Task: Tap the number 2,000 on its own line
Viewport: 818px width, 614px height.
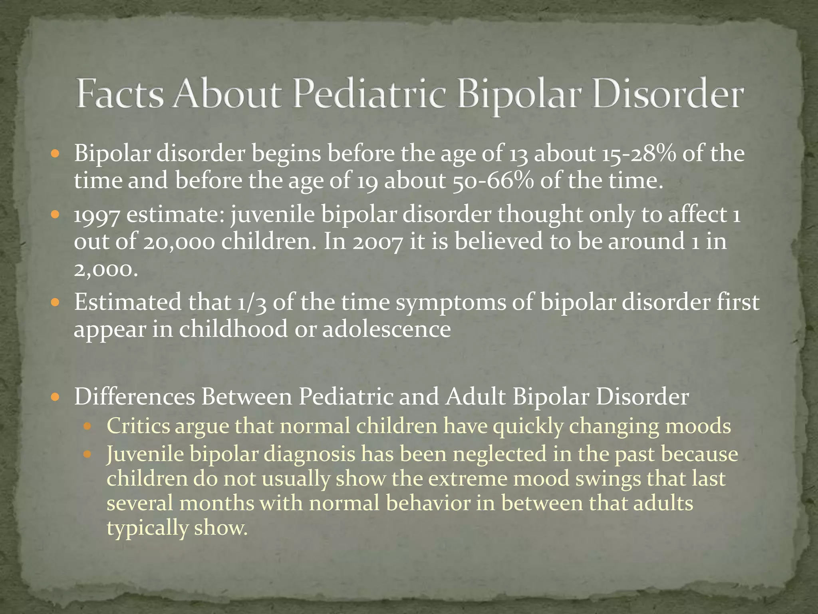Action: pos(106,270)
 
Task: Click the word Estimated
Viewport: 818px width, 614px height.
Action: pos(127,303)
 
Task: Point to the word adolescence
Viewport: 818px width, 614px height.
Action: pos(386,329)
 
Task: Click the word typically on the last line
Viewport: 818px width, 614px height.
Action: pos(147,528)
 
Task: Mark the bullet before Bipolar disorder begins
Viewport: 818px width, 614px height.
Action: pos(56,153)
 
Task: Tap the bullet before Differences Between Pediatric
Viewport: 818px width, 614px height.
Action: pos(56,397)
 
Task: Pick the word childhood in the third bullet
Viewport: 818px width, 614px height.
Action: pos(233,329)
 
